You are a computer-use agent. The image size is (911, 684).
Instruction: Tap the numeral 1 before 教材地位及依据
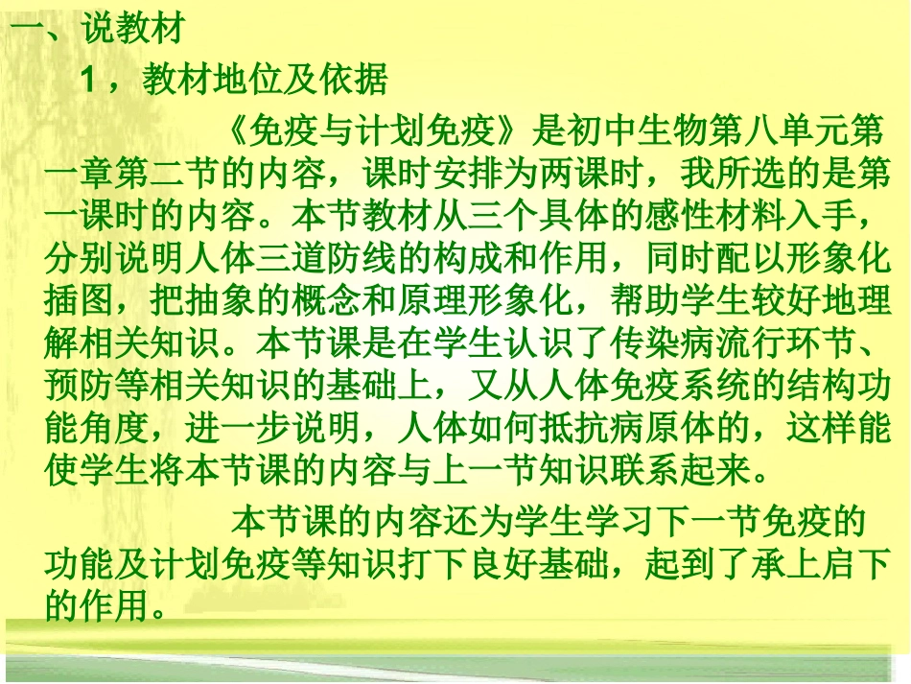click(90, 81)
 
